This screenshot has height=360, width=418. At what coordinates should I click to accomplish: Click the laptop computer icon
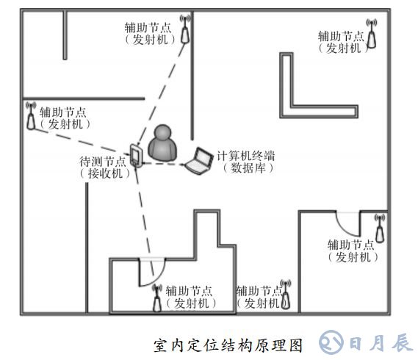(x=199, y=161)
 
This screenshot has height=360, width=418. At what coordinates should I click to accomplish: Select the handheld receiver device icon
(x=136, y=156)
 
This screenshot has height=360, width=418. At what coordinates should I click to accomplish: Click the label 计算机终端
(x=245, y=156)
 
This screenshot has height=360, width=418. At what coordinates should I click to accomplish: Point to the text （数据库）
(x=248, y=168)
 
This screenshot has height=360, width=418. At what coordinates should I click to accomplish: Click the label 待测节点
(x=103, y=162)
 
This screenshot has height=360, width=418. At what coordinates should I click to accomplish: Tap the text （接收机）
(x=105, y=173)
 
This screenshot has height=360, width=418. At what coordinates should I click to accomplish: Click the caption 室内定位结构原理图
(x=228, y=345)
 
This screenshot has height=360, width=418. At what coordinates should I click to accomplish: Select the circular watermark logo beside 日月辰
(x=331, y=342)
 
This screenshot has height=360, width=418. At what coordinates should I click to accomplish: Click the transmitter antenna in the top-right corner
(x=371, y=33)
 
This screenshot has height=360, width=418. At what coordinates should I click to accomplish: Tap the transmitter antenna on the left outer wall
(x=31, y=115)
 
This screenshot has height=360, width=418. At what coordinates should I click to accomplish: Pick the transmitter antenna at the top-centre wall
(x=185, y=29)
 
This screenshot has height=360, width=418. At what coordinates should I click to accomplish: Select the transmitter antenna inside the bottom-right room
(x=380, y=228)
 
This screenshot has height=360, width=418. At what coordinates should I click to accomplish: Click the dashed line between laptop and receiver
(x=163, y=163)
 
